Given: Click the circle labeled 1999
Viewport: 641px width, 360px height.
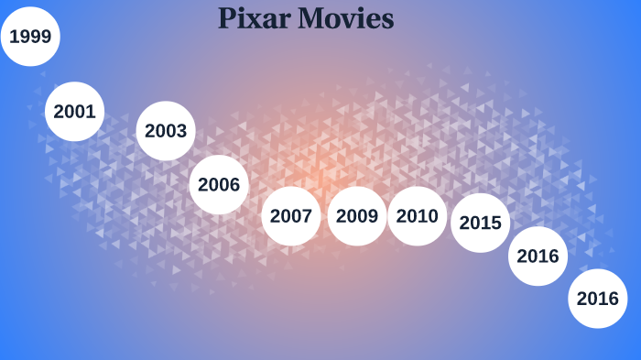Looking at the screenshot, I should click(30, 38).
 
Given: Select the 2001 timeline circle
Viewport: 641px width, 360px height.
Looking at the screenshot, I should click(74, 112).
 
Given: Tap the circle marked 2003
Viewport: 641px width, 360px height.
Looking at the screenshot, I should click(166, 131).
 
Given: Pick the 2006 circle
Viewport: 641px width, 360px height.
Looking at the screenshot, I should click(219, 185).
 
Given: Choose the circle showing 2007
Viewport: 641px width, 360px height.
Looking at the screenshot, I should click(291, 216).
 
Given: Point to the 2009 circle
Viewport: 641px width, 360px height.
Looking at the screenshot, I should click(357, 216).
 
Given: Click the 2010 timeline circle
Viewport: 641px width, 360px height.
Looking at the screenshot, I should click(418, 216).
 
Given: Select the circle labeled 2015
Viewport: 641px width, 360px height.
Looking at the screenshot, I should click(481, 222).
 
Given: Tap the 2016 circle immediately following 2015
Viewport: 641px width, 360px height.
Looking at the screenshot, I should click(538, 256).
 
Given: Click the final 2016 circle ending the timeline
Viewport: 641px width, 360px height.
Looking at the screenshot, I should click(598, 298).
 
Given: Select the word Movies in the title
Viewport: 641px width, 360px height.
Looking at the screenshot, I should click(346, 17).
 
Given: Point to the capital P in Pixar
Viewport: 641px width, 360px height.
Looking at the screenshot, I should click(227, 17).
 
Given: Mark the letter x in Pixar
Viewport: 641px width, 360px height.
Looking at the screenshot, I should click(256, 19).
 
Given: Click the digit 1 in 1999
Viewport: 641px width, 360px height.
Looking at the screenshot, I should click(15, 38).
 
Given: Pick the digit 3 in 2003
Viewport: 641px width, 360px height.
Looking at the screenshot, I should click(181, 131).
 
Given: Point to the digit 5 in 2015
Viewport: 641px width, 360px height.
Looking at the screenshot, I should click(496, 222).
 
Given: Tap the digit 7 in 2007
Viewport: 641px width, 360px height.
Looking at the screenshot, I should click(307, 216).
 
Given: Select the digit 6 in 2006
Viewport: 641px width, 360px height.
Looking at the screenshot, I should click(234, 185).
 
